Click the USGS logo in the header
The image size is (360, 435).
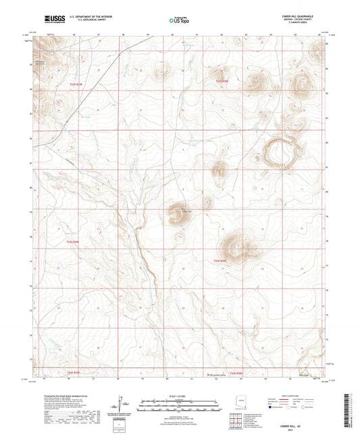(51, 19)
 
